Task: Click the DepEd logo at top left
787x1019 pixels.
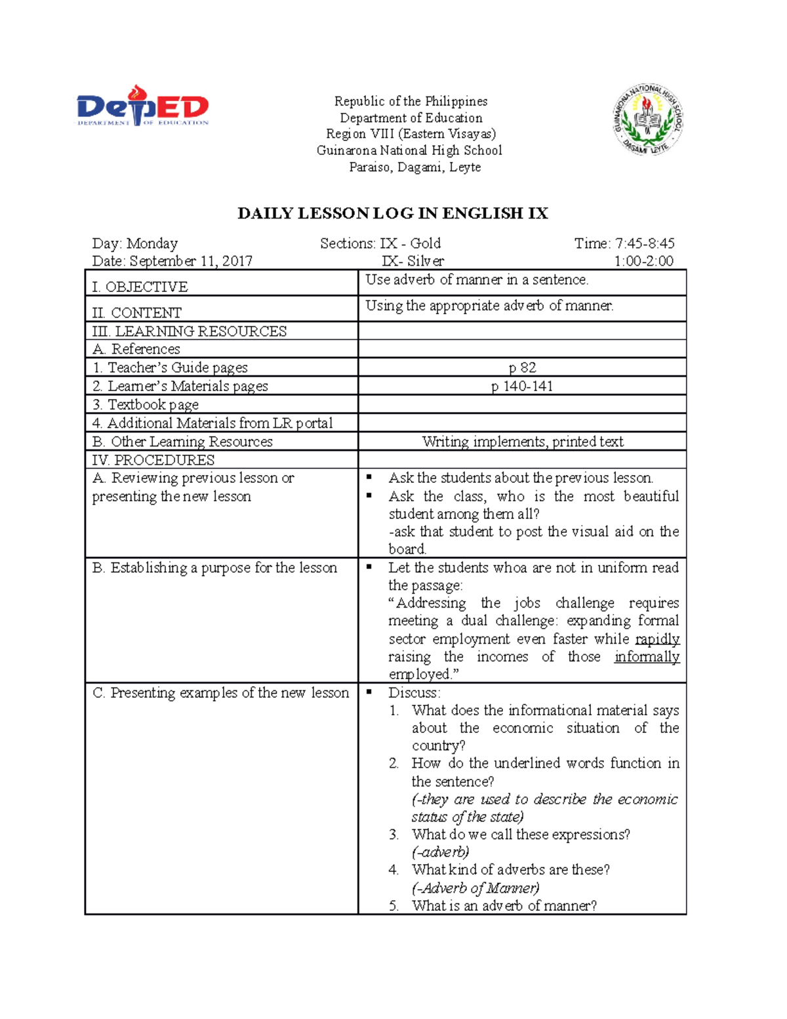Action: pos(142,106)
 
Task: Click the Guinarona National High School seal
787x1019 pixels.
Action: pos(649,119)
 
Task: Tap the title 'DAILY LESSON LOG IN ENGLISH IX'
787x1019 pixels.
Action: pos(392,213)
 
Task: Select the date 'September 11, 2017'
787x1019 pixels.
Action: pos(191,261)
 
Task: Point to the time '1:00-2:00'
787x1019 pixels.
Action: pos(643,261)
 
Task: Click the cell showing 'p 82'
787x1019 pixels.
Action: pos(522,367)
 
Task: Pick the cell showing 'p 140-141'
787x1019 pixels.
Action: pos(522,386)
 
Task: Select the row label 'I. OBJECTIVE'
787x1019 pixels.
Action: pos(140,287)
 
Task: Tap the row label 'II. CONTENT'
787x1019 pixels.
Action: pos(137,313)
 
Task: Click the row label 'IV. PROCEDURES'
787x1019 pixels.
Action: pos(153,460)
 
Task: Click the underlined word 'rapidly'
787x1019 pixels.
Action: pos(657,639)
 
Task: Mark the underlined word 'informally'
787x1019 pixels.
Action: pos(647,657)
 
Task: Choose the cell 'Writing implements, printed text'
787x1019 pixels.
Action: pos(522,442)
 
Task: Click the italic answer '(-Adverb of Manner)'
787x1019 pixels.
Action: pos(475,888)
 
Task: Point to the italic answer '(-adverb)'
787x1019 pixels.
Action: pos(440,852)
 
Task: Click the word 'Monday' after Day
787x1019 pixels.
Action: pos(152,243)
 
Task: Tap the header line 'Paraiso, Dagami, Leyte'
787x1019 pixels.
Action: pos(414,167)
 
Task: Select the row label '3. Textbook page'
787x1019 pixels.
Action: pos(146,405)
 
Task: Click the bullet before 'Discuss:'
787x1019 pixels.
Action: pos(369,692)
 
